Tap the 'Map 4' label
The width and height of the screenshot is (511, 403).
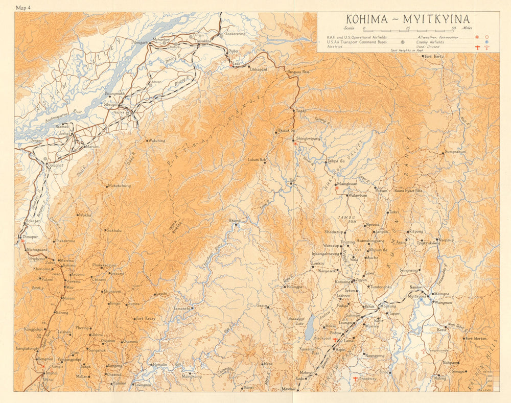[24, 7]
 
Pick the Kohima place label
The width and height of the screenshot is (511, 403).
[68, 266]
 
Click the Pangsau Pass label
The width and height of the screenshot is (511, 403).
[298, 73]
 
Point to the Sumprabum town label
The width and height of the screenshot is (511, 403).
[455, 152]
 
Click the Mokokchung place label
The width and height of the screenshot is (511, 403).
[119, 186]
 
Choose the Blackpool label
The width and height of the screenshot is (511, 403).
[322, 338]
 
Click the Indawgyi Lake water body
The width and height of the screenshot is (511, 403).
[310, 332]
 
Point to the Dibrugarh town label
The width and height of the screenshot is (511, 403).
[143, 42]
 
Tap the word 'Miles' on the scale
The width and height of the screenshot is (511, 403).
[466, 29]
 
